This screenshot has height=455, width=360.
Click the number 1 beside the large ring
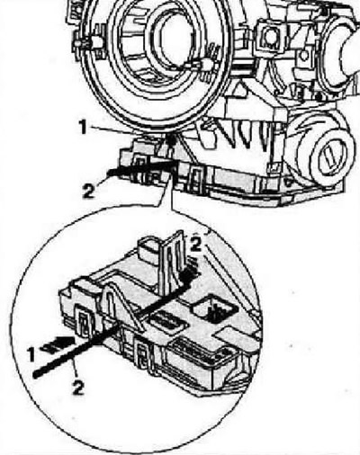click(x=83, y=127)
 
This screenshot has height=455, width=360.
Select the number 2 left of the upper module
click(x=88, y=191)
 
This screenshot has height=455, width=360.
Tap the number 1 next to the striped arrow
click(x=31, y=354)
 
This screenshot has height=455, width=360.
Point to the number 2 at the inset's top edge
click(x=196, y=245)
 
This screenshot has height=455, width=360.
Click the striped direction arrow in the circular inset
click(x=58, y=343)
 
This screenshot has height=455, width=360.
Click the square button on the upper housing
click(x=270, y=37)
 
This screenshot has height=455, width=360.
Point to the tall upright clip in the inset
click(x=172, y=263)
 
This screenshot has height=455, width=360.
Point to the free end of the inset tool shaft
click(x=35, y=375)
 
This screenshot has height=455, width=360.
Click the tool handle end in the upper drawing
click(x=110, y=173)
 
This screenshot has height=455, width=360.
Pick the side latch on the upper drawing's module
click(x=195, y=179)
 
